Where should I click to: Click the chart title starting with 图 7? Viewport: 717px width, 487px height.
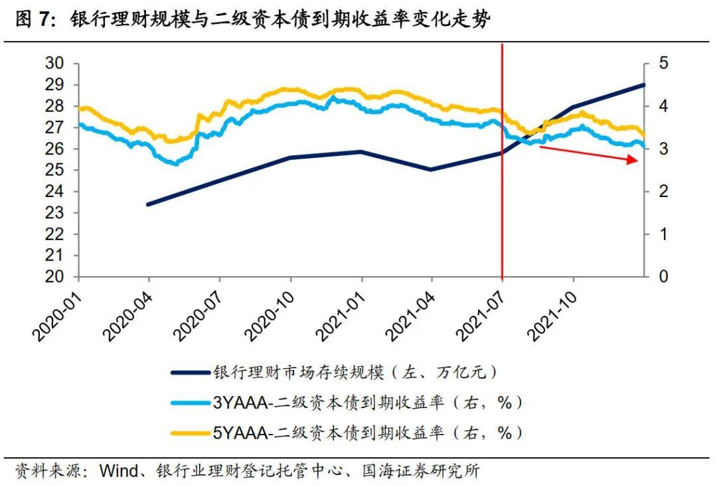point(252,20)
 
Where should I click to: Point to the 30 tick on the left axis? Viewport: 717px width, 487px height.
point(54,64)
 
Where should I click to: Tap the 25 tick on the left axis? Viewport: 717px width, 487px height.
point(54,171)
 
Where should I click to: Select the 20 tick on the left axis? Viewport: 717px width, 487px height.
point(54,277)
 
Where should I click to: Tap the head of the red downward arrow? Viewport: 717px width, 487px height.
point(635,160)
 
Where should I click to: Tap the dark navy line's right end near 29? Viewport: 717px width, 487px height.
point(643,85)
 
